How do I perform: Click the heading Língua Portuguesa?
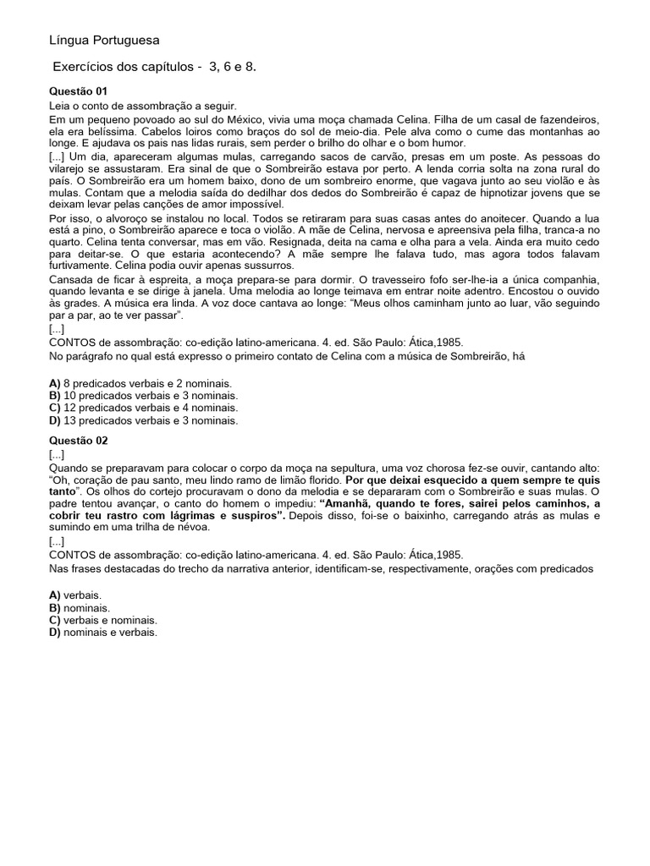(x=104, y=40)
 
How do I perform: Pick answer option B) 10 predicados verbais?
(x=143, y=395)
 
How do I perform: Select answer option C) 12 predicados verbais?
(x=143, y=407)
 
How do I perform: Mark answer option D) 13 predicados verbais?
(x=143, y=419)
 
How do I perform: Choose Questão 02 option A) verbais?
(x=75, y=595)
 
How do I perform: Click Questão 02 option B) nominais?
(x=80, y=607)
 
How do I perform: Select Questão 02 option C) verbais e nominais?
(x=103, y=619)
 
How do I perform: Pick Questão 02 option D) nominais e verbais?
(x=103, y=631)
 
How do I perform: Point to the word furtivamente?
(x=83, y=266)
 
